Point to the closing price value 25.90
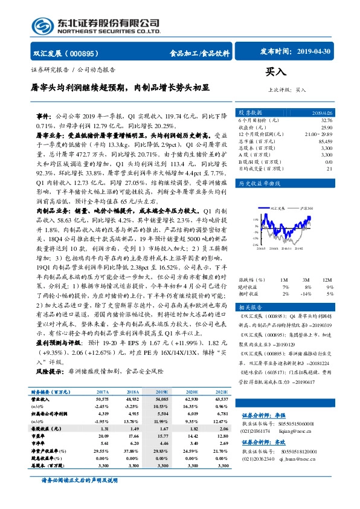pyautogui.click(x=326, y=128)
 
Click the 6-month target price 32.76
pyautogui.click(x=326, y=120)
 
